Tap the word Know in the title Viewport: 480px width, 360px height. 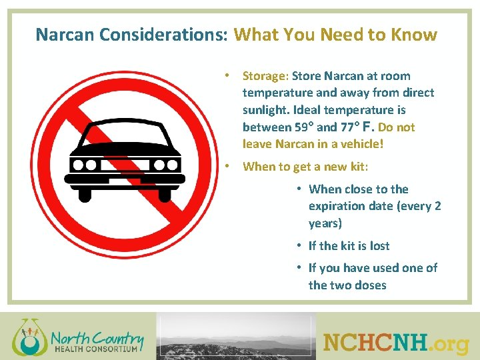coord(415,35)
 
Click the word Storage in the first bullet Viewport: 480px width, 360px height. coord(265,76)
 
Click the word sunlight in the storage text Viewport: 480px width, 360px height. coord(265,110)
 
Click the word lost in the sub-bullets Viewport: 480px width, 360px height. coord(379,246)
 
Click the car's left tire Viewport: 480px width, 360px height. coord(85,193)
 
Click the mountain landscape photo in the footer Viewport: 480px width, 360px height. coord(236,337)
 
